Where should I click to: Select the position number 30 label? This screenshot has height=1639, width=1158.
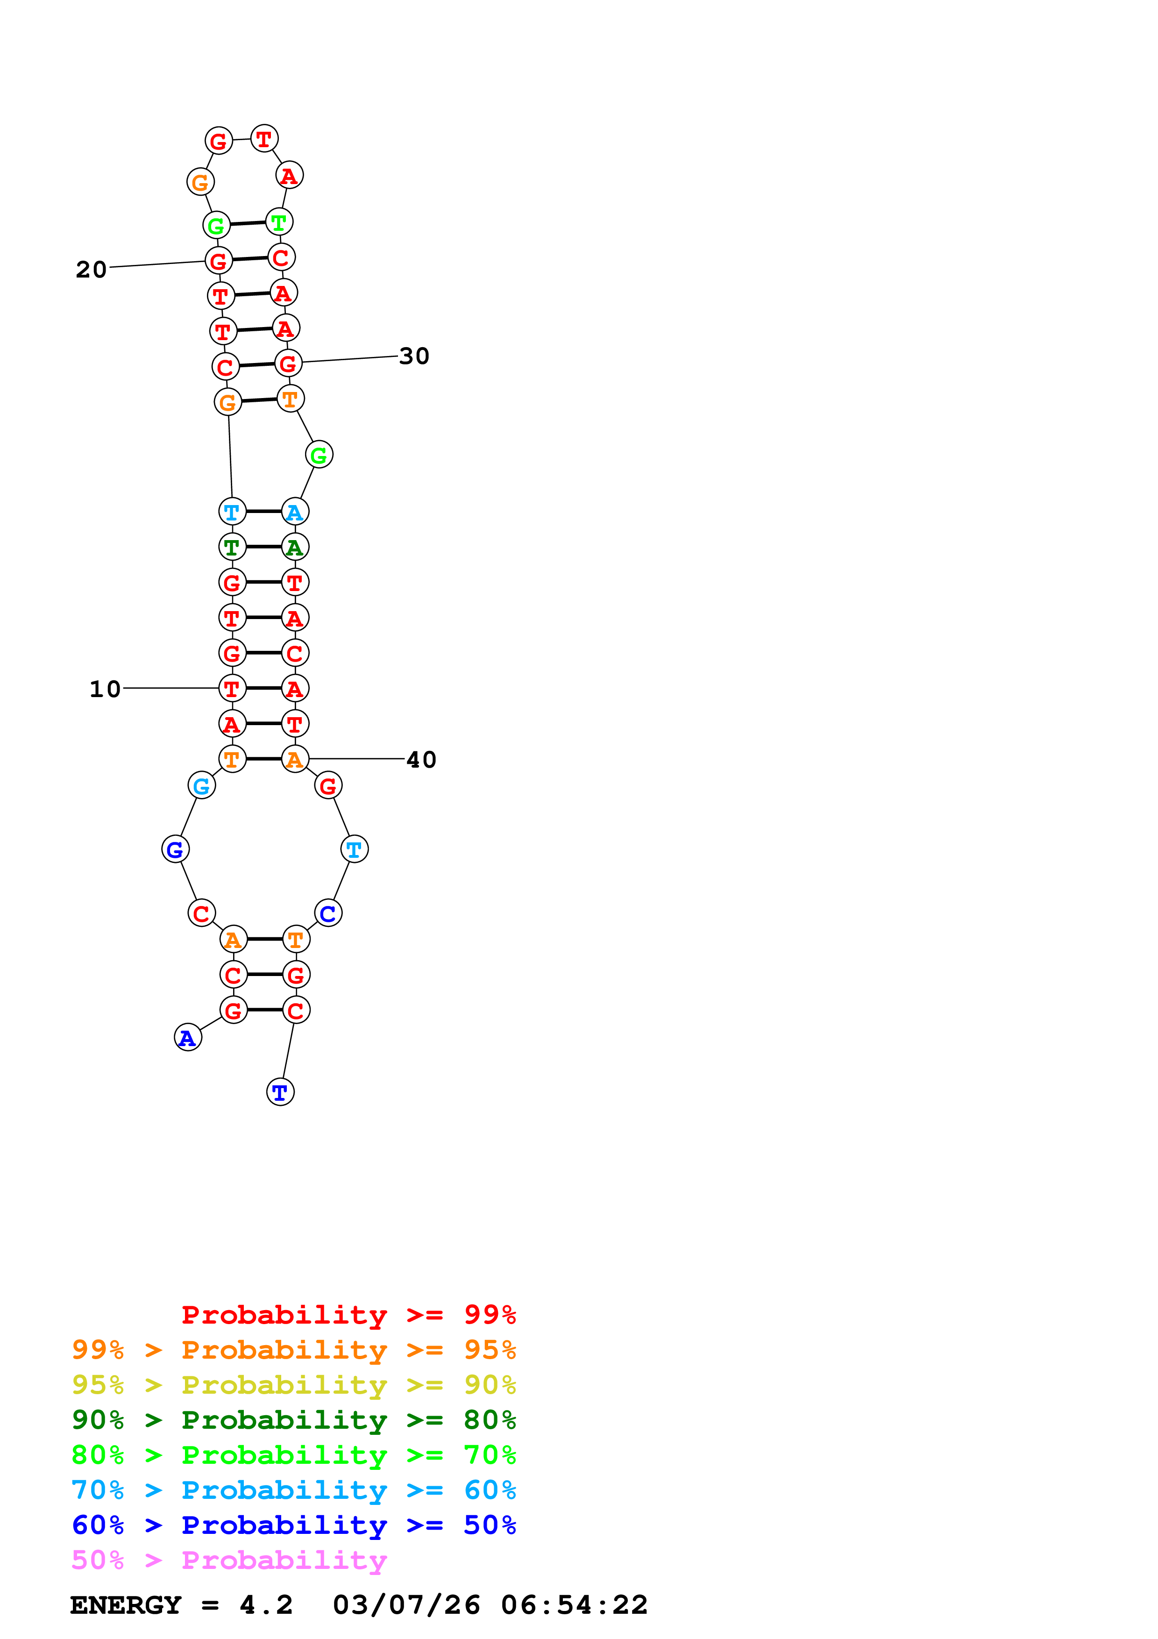[x=414, y=356]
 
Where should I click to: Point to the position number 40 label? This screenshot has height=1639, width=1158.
[x=421, y=760]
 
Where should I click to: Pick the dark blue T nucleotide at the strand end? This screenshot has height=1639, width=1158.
[x=280, y=1092]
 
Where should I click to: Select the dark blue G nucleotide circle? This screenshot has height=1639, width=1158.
[x=175, y=849]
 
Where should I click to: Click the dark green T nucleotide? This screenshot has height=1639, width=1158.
[x=232, y=548]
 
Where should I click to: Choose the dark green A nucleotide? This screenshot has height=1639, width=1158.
[x=295, y=548]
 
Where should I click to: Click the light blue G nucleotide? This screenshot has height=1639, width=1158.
[x=202, y=786]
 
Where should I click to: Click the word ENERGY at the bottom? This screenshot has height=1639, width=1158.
[x=126, y=1605]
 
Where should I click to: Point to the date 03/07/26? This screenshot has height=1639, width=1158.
[x=406, y=1605]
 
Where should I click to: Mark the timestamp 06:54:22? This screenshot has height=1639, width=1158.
[x=575, y=1605]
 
